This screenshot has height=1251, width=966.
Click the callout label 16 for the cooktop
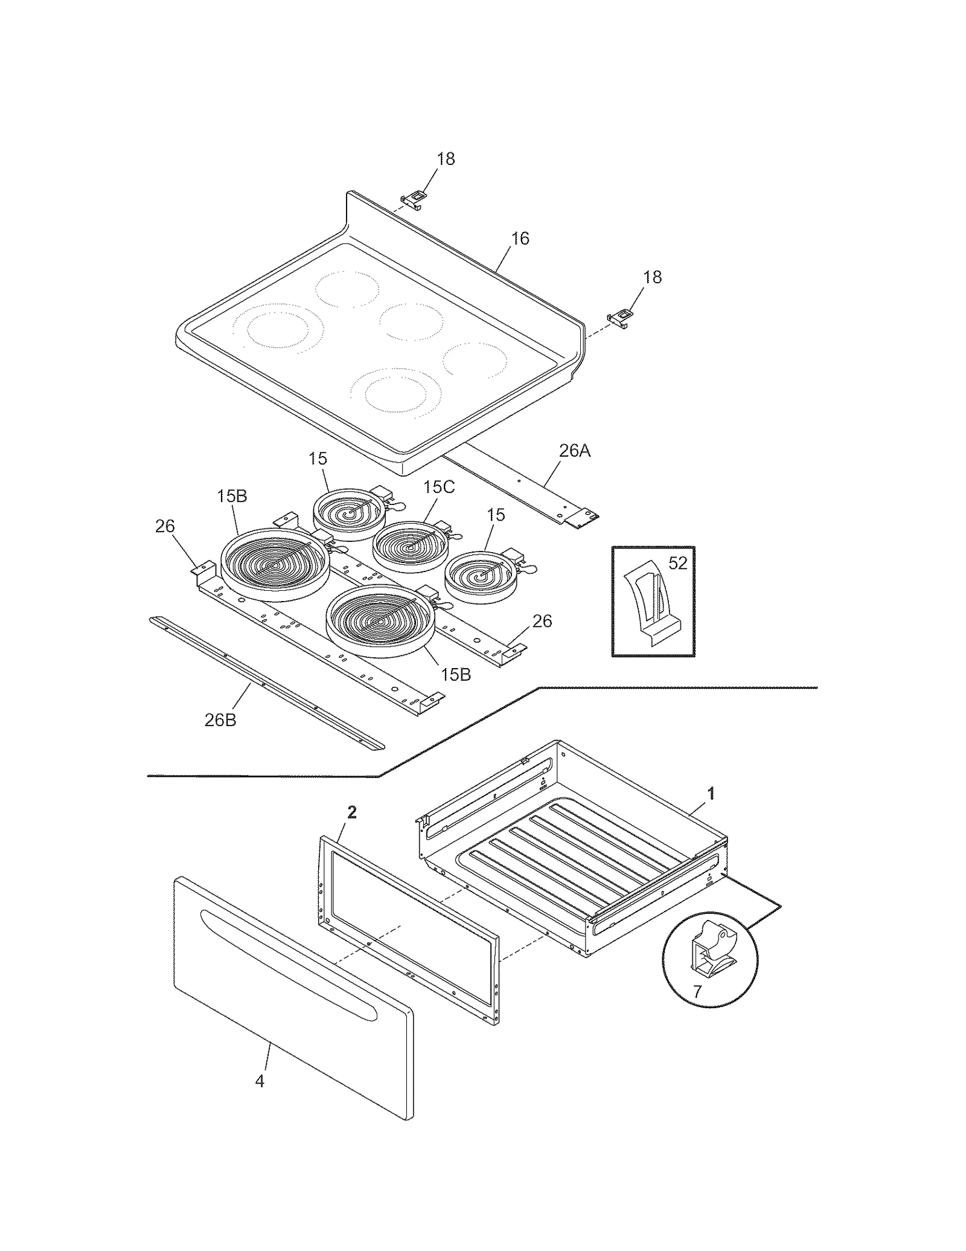(520, 239)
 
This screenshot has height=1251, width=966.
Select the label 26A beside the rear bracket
(574, 451)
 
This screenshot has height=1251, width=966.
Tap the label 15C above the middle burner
(438, 487)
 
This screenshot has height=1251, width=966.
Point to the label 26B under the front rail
(220, 720)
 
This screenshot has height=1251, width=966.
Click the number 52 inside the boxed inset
(678, 563)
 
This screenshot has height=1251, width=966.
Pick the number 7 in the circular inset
(697, 991)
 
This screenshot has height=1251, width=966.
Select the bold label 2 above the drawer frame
(352, 812)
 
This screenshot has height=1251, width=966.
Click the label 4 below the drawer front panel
(260, 1081)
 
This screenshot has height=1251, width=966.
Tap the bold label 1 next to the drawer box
(711, 793)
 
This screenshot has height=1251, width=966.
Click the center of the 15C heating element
(411, 546)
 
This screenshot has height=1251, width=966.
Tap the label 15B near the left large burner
(232, 496)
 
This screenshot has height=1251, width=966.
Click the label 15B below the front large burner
(455, 674)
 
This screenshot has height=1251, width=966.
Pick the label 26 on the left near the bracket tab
(165, 526)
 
